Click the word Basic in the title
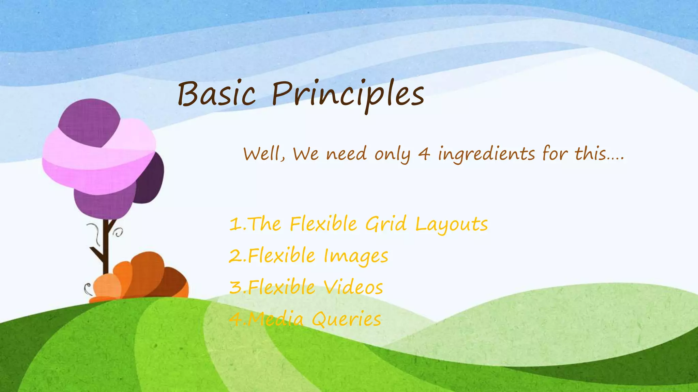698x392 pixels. pos(216,94)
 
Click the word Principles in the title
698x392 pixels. pos(348,95)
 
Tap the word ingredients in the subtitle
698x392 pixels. pos(486,154)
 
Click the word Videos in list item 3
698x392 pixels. pos(353,288)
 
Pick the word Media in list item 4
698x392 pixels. pos(275,320)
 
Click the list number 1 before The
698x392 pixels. pos(235,225)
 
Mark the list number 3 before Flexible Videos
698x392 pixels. pos(236,288)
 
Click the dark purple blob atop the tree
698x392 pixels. pos(89,121)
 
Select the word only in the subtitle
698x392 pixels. pos(392,154)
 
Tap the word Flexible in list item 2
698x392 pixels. pos(282,256)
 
